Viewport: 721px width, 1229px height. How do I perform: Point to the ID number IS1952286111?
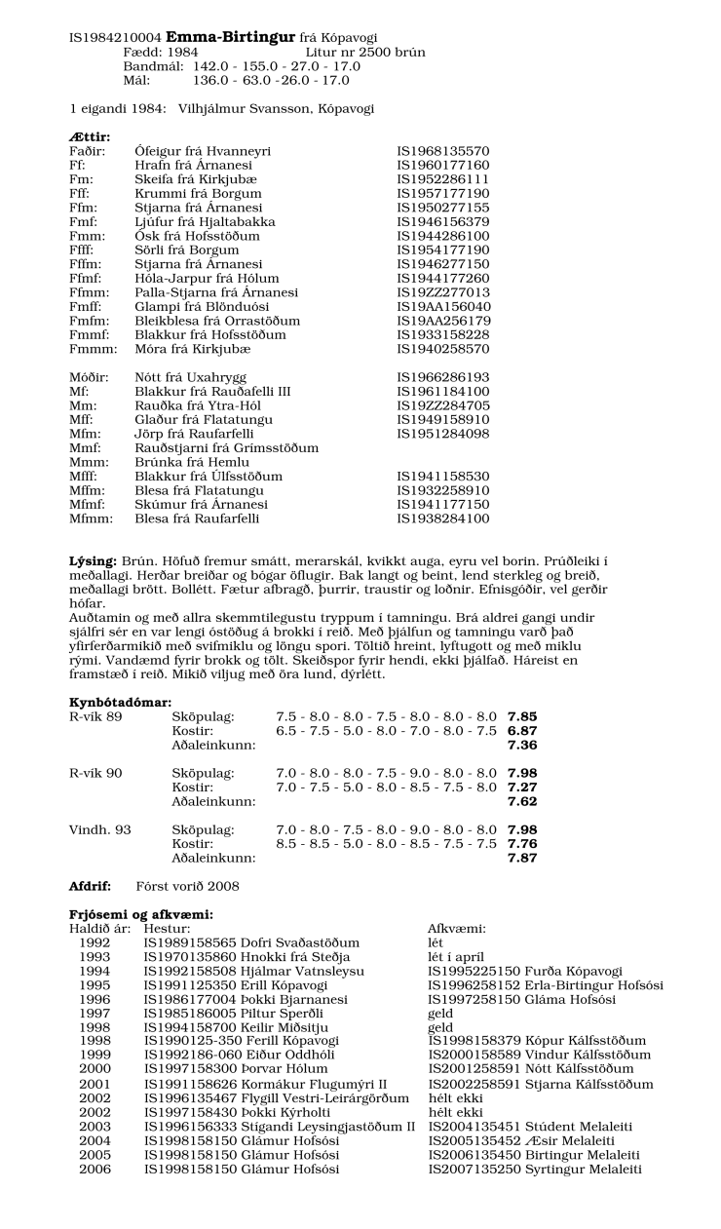(442, 180)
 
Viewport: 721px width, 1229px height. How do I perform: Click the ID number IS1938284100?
(442, 519)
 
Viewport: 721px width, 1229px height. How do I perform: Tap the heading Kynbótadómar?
(120, 703)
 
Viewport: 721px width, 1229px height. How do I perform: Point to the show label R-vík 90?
(95, 773)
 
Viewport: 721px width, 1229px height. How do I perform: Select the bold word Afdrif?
(89, 887)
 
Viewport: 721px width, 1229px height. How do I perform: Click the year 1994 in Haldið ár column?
(95, 972)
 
